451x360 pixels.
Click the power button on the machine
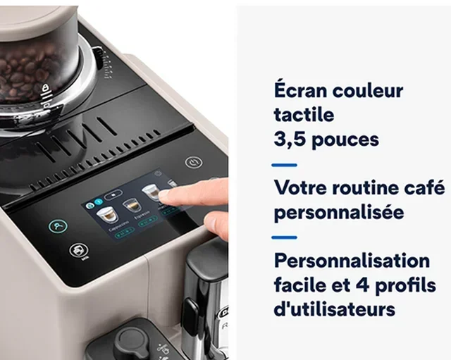(x=193, y=163)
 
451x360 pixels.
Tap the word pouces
(x=345, y=139)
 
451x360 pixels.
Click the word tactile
(x=304, y=115)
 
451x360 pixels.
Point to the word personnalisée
(x=338, y=212)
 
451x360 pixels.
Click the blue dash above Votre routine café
(x=284, y=164)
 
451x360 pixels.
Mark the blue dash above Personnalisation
(x=284, y=237)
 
